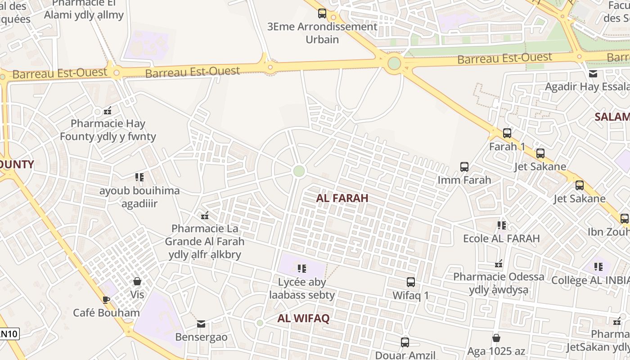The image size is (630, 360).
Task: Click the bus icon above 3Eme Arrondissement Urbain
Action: (x=322, y=13)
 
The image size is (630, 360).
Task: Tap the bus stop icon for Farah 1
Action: (x=507, y=133)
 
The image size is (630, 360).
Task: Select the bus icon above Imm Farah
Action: (x=464, y=167)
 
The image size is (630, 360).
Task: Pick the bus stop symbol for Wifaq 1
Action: (x=411, y=282)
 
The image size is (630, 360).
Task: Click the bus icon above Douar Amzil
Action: (x=405, y=342)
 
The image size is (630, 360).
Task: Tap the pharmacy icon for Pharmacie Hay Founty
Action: (x=108, y=110)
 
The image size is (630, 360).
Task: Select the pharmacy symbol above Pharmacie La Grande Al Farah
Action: (x=205, y=215)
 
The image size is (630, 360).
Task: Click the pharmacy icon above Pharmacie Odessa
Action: (x=499, y=263)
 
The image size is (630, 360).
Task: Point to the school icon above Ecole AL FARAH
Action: (x=502, y=225)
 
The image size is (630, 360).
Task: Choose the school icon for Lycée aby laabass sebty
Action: (x=302, y=269)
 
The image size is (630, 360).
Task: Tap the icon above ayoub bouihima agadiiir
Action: (x=139, y=177)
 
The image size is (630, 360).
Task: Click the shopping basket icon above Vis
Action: (x=137, y=281)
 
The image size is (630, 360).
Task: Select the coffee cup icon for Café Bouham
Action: (x=106, y=300)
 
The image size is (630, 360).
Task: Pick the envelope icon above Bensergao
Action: (x=201, y=324)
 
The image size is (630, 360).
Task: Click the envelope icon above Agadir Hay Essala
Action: (x=593, y=74)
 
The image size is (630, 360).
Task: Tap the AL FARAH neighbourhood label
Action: (x=342, y=198)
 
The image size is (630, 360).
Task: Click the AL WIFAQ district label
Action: (x=303, y=319)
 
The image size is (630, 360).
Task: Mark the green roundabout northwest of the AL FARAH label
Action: (x=299, y=171)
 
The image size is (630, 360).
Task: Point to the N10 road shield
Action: (x=9, y=334)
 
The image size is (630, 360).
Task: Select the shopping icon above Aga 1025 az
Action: (x=496, y=337)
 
